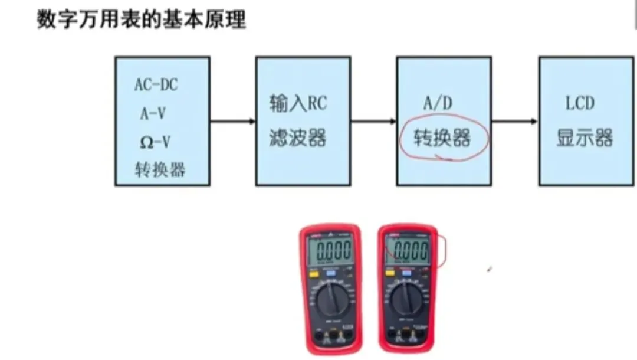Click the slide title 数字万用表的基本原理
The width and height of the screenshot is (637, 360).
point(141,20)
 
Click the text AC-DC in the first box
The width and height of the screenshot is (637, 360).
point(156,84)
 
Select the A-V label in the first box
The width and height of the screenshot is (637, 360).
point(153,114)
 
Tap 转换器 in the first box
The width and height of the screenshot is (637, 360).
point(160,170)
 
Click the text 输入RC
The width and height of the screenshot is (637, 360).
point(298,104)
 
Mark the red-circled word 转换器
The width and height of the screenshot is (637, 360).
point(444,138)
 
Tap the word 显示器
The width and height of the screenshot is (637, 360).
point(585,138)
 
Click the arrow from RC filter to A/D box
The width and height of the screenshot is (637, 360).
point(374,122)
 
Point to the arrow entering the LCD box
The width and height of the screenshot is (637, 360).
point(515,122)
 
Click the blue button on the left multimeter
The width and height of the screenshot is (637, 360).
point(331,274)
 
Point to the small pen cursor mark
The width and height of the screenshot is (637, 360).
point(489,270)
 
